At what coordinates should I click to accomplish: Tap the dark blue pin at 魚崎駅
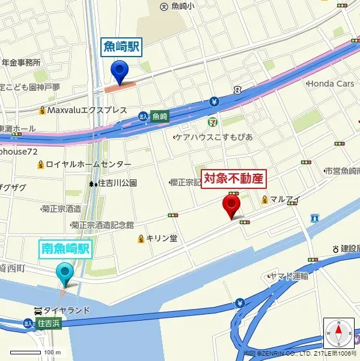click(120, 72)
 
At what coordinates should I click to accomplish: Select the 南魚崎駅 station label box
click(66, 248)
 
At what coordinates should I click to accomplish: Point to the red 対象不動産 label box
click(234, 179)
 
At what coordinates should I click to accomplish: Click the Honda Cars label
click(331, 84)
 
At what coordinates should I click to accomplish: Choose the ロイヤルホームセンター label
click(84, 164)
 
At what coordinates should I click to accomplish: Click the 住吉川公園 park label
click(114, 183)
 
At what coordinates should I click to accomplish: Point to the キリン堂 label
click(157, 238)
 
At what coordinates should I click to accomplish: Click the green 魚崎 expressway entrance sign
click(159, 116)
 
